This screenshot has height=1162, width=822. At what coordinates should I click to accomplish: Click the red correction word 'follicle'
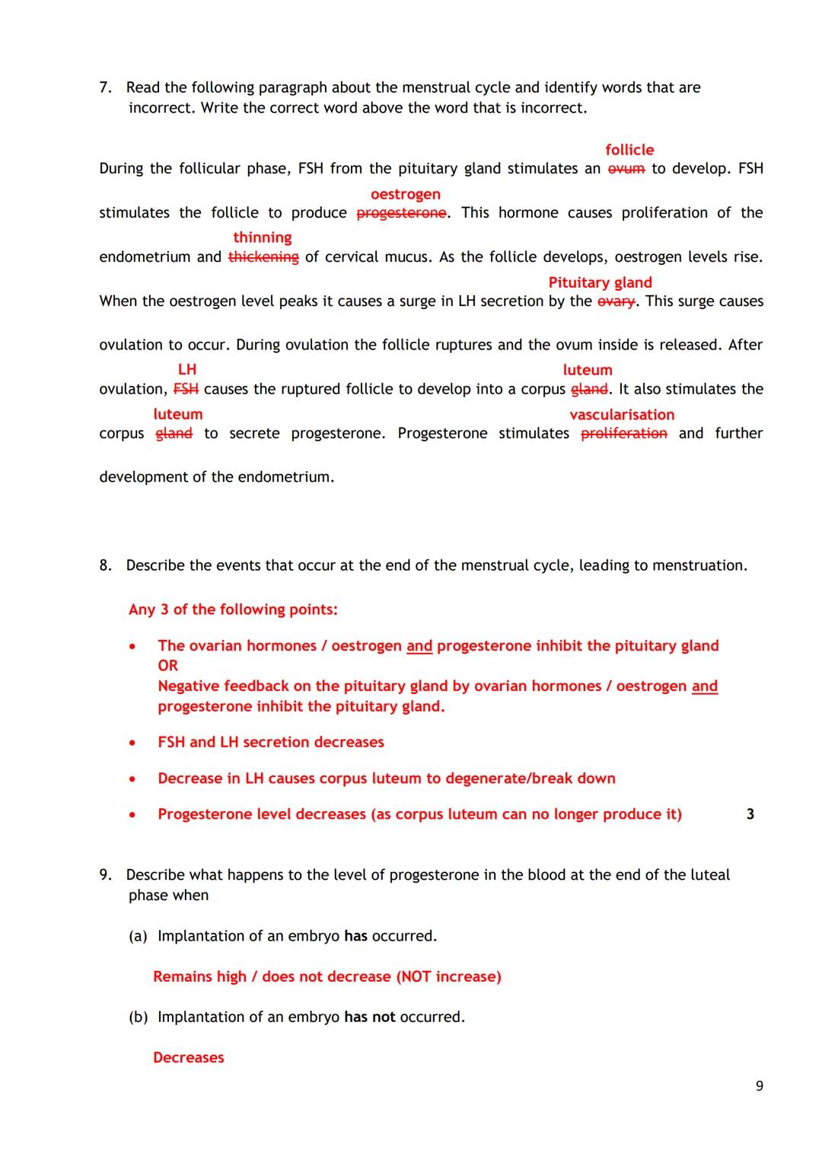[629, 150]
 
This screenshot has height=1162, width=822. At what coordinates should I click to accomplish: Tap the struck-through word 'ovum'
[626, 169]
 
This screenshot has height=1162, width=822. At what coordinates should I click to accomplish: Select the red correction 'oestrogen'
[405, 194]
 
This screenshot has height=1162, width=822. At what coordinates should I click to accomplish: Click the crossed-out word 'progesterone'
[401, 213]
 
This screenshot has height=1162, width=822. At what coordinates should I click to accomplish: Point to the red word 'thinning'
[262, 237]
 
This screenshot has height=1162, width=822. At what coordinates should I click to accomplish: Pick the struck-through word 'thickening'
[263, 257]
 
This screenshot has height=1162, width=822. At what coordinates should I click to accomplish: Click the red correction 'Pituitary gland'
[600, 282]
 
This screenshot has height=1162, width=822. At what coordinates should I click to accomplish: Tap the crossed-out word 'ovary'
[616, 301]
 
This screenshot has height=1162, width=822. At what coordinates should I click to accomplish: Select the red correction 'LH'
[186, 369]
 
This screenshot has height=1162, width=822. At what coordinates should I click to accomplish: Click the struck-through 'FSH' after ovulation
[186, 389]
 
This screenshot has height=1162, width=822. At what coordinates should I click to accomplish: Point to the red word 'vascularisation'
[622, 415]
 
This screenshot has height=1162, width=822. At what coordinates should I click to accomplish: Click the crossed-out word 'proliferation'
[623, 433]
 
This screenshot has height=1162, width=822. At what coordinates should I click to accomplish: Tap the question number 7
[106, 88]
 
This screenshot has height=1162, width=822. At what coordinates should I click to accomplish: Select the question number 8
[106, 565]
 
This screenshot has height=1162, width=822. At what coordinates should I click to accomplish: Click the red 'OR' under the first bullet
[167, 665]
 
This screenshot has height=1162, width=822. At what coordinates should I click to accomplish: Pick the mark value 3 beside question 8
[750, 814]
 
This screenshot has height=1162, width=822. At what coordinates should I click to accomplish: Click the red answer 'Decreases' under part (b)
[188, 1058]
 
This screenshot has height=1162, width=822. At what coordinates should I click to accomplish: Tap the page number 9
[759, 1086]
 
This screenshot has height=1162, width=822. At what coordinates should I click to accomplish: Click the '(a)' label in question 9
[138, 936]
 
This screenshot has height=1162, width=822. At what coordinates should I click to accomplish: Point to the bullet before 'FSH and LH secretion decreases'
[133, 743]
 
